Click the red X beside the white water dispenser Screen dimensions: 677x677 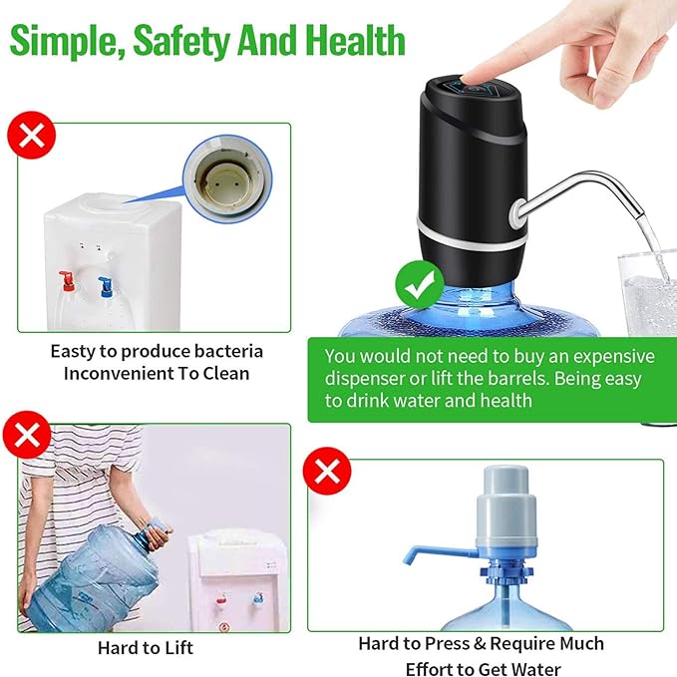31,135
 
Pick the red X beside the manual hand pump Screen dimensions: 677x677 326,471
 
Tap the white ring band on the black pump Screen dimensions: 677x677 469,237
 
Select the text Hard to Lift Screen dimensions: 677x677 145,647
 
